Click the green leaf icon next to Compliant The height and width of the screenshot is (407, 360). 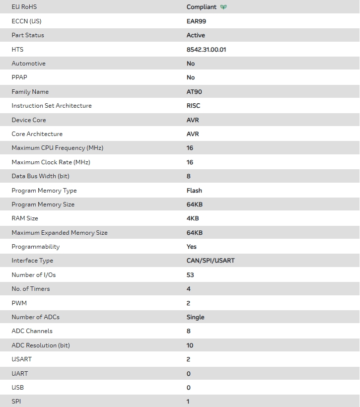pyautogui.click(x=223, y=7)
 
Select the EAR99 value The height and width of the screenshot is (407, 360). pyautogui.click(x=196, y=21)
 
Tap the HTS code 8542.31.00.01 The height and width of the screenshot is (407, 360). pyautogui.click(x=206, y=50)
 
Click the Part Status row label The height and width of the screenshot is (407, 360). pyautogui.click(x=28, y=35)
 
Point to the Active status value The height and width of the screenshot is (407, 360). pyautogui.click(x=196, y=35)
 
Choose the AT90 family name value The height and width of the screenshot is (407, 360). pyautogui.click(x=194, y=92)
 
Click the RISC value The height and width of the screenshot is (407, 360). pyautogui.click(x=193, y=106)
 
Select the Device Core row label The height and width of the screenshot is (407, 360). pyautogui.click(x=29, y=120)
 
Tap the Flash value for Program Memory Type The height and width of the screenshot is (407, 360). pyautogui.click(x=194, y=191)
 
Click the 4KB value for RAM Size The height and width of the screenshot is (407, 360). pyautogui.click(x=193, y=218)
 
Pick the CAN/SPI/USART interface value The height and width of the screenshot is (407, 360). pyautogui.click(x=211, y=261)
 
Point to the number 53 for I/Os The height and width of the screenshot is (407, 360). pyautogui.click(x=190, y=275)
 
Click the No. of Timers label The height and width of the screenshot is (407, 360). pyautogui.click(x=31, y=289)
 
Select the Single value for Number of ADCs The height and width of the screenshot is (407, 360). pyautogui.click(x=195, y=317)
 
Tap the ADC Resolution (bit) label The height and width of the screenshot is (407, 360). pyautogui.click(x=41, y=345)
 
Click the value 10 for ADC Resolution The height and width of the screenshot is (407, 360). pyautogui.click(x=190, y=345)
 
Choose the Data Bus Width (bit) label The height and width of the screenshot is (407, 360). pyautogui.click(x=40, y=176)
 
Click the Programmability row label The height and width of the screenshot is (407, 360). pyautogui.click(x=35, y=247)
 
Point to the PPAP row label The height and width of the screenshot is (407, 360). pyautogui.click(x=19, y=77)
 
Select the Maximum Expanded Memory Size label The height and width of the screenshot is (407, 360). pyautogui.click(x=60, y=233)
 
